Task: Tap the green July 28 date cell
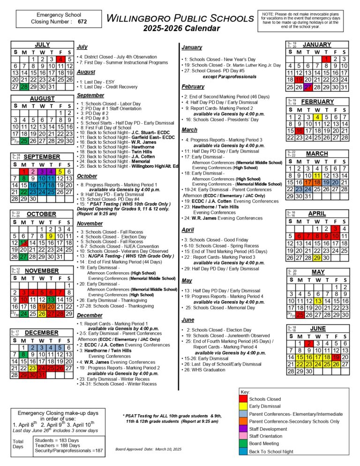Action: tap(24, 87)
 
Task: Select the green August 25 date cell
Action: tap(24, 141)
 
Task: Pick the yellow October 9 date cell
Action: tap(52, 236)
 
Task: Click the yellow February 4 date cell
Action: tap(317, 117)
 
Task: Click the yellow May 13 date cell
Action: tap(318, 301)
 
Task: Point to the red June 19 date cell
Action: tap(335, 357)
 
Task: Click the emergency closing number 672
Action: tap(82, 22)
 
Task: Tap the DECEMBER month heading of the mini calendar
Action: tap(42, 332)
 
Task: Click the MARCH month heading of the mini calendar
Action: tap(317, 154)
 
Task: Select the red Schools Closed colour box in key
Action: tap(243, 399)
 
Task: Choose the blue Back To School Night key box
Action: tap(243, 451)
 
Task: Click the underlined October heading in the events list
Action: tap(87, 176)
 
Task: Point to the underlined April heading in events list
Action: tap(187, 230)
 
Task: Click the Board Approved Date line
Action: tap(148, 449)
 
